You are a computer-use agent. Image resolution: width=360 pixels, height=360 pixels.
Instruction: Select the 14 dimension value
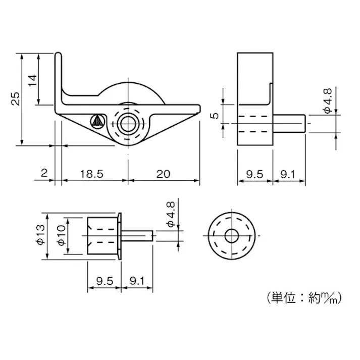(32, 80)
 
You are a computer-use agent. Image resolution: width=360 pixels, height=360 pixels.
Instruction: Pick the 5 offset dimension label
(215, 115)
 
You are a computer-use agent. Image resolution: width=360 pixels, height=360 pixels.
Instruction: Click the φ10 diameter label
(61, 236)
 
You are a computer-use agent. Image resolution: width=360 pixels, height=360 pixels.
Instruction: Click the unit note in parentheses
(301, 299)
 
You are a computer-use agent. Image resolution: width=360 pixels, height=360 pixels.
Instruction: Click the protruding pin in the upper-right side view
(289, 123)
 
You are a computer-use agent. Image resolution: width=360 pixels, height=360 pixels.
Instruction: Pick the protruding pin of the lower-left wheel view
(137, 236)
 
